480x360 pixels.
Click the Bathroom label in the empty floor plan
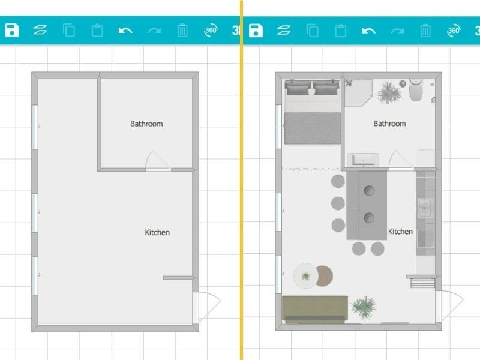click(x=146, y=124)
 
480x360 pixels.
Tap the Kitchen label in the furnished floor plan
click(x=400, y=232)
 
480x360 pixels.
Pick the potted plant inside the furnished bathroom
click(x=388, y=92)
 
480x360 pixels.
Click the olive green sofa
click(x=314, y=308)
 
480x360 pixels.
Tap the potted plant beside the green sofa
click(x=364, y=307)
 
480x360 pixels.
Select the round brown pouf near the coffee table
click(x=324, y=276)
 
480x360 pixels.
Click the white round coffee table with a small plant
click(x=306, y=276)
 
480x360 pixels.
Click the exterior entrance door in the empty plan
click(x=208, y=306)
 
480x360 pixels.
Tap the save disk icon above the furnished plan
click(x=256, y=30)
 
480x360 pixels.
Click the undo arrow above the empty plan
click(x=125, y=30)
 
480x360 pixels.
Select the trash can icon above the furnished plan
click(x=425, y=30)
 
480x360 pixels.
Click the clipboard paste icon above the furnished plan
click(x=340, y=30)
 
